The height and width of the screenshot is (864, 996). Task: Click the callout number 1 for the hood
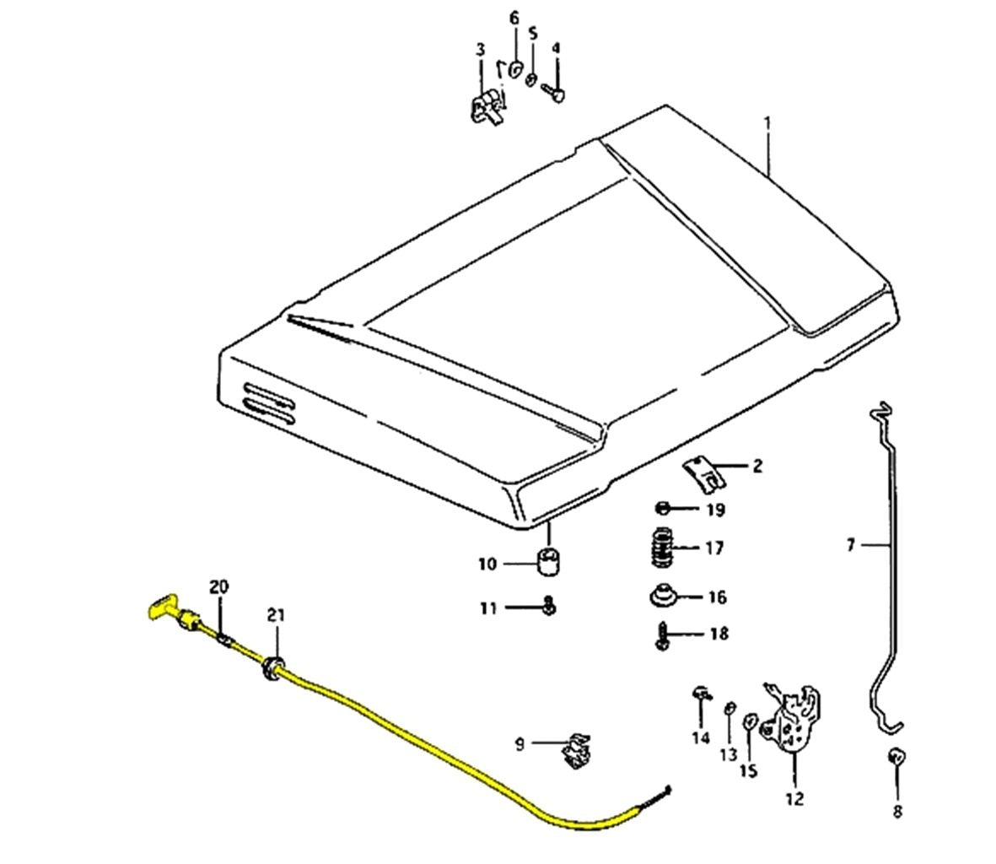767,123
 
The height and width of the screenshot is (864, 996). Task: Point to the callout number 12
795,798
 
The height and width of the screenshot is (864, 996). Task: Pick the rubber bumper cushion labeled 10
549,562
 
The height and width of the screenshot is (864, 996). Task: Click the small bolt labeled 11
548,607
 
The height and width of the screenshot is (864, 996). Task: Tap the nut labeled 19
663,509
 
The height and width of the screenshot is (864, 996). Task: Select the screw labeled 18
662,634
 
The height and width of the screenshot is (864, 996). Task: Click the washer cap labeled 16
662,597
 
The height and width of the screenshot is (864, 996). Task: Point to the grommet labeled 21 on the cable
272,667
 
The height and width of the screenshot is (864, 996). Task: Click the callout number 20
219,586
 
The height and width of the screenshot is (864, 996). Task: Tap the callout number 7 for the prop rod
850,546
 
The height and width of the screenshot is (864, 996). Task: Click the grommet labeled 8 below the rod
897,756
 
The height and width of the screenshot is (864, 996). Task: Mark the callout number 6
514,18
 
